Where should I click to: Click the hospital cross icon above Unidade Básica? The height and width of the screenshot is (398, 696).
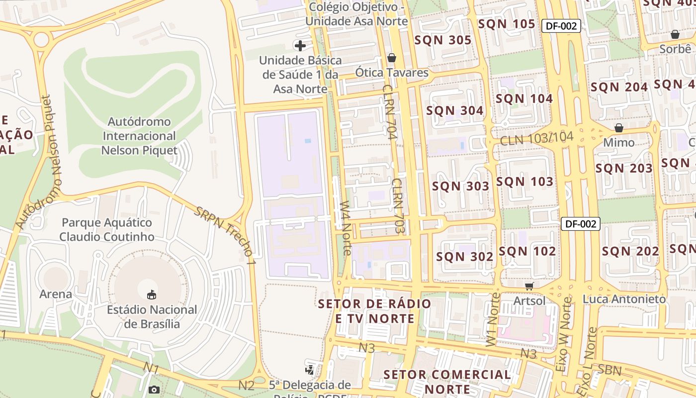tap(300, 46)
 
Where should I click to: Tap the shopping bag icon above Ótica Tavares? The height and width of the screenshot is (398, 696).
tap(392, 58)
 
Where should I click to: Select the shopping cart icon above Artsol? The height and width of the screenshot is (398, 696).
tap(529, 286)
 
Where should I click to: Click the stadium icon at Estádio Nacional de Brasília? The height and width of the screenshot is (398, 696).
tap(152, 295)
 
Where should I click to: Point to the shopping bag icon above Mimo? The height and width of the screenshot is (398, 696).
tap(619, 128)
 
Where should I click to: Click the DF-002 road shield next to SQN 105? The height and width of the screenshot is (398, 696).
tap(561, 26)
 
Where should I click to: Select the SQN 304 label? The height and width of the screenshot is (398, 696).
tap(454, 110)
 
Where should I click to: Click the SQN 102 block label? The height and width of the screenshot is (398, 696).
tap(527, 251)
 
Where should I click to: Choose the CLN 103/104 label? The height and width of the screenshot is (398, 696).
tap(536, 139)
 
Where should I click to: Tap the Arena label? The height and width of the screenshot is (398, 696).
tap(56, 294)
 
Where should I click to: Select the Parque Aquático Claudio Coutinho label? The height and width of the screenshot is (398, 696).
tap(107, 229)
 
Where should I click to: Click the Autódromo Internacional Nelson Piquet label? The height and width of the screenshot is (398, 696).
tap(139, 136)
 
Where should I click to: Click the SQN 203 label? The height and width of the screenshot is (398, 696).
tap(624, 168)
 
